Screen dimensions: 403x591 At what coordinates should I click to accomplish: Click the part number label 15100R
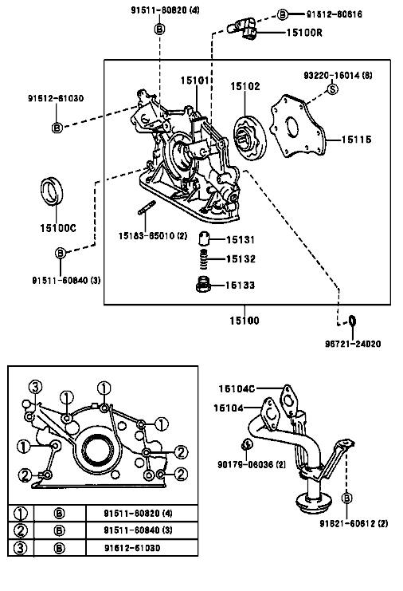pyautogui.click(x=304, y=33)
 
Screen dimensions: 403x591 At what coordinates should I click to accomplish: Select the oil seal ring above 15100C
pyautogui.click(x=52, y=191)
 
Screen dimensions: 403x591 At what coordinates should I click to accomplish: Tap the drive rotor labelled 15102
pyautogui.click(x=249, y=138)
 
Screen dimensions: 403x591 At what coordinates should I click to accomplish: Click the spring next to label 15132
pyautogui.click(x=203, y=259)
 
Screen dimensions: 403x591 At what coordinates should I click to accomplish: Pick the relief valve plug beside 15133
pyautogui.click(x=202, y=285)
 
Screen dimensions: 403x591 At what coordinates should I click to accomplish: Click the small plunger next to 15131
pyautogui.click(x=204, y=238)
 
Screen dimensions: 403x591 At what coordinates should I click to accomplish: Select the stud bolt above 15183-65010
pyautogui.click(x=147, y=208)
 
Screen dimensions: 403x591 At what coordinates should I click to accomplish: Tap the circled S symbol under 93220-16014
pyautogui.click(x=333, y=89)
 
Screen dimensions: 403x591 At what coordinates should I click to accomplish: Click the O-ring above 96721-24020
pyautogui.click(x=352, y=321)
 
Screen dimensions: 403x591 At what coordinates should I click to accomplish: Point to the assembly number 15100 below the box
pyautogui.click(x=245, y=321)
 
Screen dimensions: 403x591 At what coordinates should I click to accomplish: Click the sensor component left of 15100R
pyautogui.click(x=242, y=28)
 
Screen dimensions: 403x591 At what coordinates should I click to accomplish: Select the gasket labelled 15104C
pyautogui.click(x=288, y=400)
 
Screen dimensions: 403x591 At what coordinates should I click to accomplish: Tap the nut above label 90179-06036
pyautogui.click(x=247, y=444)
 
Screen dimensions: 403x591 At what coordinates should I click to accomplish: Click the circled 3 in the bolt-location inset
pyautogui.click(x=35, y=387)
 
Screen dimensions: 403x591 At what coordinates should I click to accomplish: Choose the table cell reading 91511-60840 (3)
pyautogui.click(x=138, y=530)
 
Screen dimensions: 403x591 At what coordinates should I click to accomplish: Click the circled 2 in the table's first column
pyautogui.click(x=21, y=530)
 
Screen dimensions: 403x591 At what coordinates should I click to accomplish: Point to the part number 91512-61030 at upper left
pyautogui.click(x=56, y=98)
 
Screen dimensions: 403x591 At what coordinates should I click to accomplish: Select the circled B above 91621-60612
pyautogui.click(x=346, y=498)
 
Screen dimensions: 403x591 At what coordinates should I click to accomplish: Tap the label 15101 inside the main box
pyautogui.click(x=194, y=81)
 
